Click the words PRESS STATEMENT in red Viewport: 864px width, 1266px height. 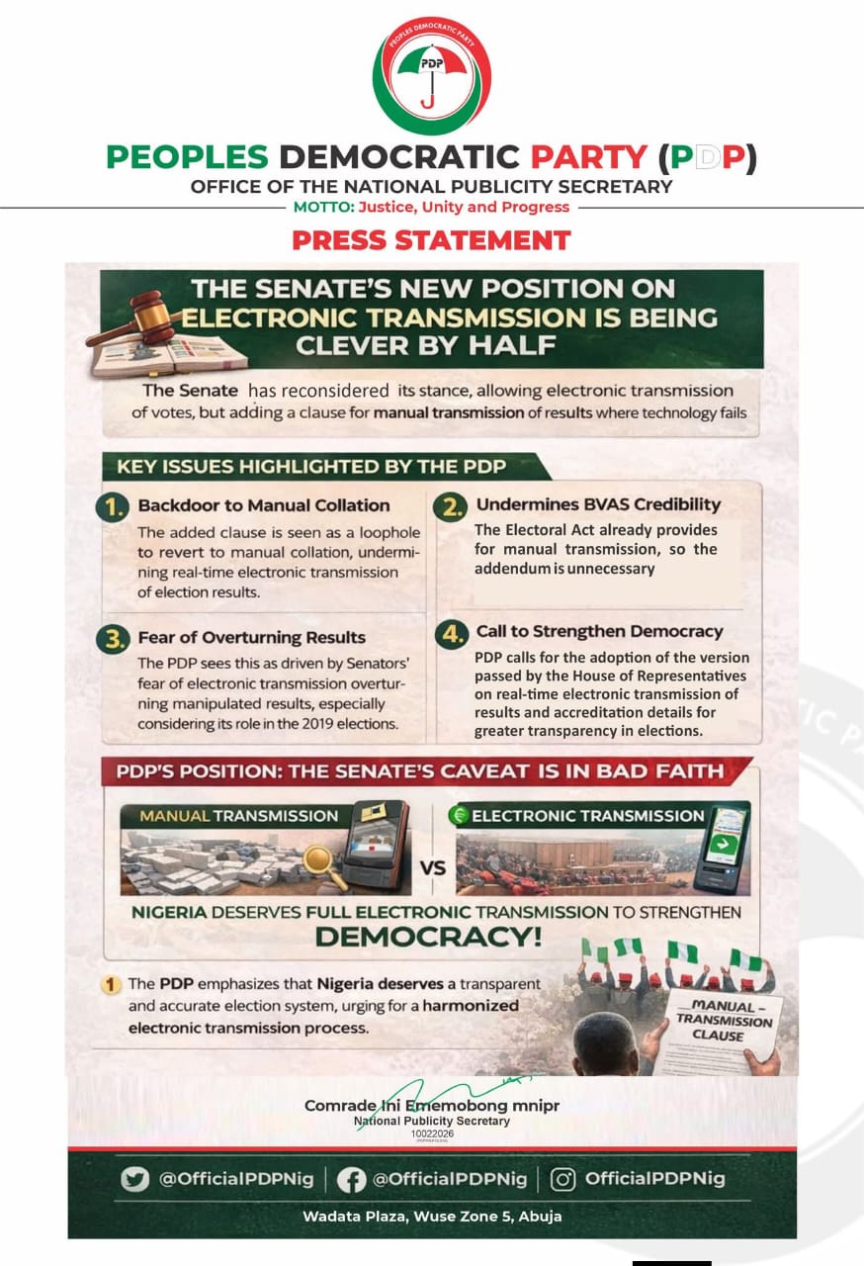pos(431,240)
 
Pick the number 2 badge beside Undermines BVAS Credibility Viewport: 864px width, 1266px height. pos(453,506)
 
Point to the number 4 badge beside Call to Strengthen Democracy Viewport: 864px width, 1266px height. pos(453,633)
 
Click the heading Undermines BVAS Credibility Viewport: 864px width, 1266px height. pos(598,504)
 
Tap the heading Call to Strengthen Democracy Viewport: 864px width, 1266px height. pos(599,631)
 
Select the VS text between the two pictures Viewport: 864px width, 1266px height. pos(432,869)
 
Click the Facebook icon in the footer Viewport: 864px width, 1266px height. pos(351,1179)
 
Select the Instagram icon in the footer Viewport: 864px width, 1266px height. pos(562,1179)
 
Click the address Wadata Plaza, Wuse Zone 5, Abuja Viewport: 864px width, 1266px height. pos(432,1217)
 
